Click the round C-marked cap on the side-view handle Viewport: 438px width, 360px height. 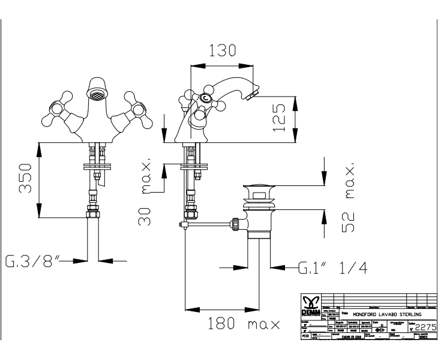point(206,99)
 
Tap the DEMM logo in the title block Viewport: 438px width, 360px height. point(311,303)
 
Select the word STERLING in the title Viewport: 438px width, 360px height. point(407,314)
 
